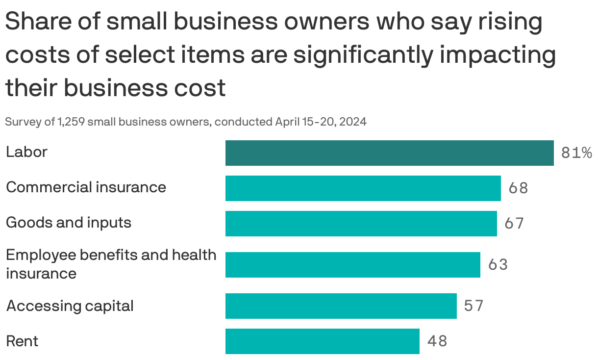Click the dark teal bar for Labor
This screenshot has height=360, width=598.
[x=389, y=153]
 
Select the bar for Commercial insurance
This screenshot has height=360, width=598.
[x=363, y=188]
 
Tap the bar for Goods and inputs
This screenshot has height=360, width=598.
[x=361, y=224]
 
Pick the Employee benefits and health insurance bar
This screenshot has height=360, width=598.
[x=352, y=265]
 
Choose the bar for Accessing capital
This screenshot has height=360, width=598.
[x=341, y=306]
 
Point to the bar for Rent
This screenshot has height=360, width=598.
[x=322, y=341]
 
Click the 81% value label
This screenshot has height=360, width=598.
[x=576, y=154]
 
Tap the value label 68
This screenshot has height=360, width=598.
[x=518, y=188]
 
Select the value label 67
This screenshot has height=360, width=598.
[x=514, y=224]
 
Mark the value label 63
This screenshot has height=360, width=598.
[x=498, y=265]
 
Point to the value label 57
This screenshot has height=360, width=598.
[x=473, y=306]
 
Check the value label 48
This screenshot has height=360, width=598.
[x=437, y=341]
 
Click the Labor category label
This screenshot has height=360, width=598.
[x=26, y=152]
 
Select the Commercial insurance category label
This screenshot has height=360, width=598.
[x=86, y=187]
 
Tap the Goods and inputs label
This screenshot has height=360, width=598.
[x=69, y=223]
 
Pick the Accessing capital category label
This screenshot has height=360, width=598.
[x=70, y=306]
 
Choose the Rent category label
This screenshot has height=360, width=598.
[x=22, y=341]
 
